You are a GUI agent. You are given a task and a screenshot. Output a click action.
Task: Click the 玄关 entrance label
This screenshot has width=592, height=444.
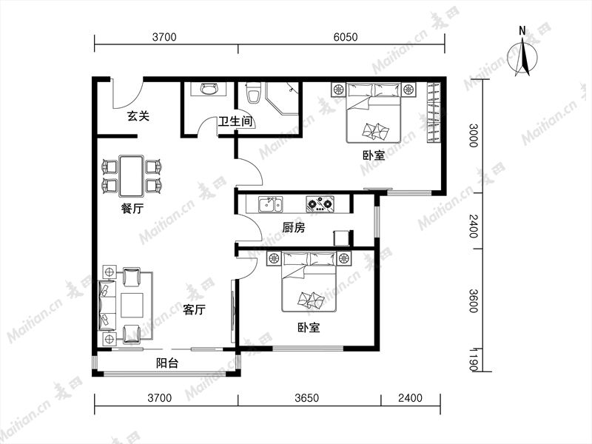point(138,115)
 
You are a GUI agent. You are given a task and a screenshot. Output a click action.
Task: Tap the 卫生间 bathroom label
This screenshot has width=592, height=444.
point(235,121)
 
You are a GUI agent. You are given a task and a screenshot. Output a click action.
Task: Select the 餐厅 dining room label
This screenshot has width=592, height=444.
point(132,208)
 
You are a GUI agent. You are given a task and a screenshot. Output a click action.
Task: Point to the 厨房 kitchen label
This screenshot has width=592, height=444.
point(293,227)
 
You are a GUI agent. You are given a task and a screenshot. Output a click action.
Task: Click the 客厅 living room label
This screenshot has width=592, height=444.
point(194,309)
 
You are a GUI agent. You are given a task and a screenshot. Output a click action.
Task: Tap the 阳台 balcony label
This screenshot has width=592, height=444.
point(167,363)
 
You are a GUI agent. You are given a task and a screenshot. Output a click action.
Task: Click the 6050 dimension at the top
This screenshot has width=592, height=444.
point(346,37)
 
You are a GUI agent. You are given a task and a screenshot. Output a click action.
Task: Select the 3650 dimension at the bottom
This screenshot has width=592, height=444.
point(307,398)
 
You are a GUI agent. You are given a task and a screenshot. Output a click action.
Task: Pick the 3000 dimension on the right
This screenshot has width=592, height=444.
point(474,135)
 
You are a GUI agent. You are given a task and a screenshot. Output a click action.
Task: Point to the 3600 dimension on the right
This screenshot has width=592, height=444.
point(474,301)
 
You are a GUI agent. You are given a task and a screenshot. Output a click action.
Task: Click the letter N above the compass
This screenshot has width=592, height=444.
point(522,30)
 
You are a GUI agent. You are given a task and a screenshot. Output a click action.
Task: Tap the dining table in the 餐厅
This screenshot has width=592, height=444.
point(131,176)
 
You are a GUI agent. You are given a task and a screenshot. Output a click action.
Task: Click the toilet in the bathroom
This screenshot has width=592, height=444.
point(253,93)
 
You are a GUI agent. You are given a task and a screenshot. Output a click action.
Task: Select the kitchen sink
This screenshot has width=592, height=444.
point(270,205)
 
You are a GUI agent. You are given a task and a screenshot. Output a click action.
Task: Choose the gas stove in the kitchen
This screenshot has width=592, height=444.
point(320,204)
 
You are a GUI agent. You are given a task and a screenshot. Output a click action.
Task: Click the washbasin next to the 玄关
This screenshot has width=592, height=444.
point(209,89)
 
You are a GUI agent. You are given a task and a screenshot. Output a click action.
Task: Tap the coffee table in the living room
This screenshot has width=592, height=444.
point(132,306)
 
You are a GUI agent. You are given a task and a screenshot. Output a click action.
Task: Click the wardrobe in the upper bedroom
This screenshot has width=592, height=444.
point(434,112)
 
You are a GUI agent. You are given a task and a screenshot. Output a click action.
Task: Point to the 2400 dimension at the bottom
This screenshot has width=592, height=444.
point(411,398)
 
